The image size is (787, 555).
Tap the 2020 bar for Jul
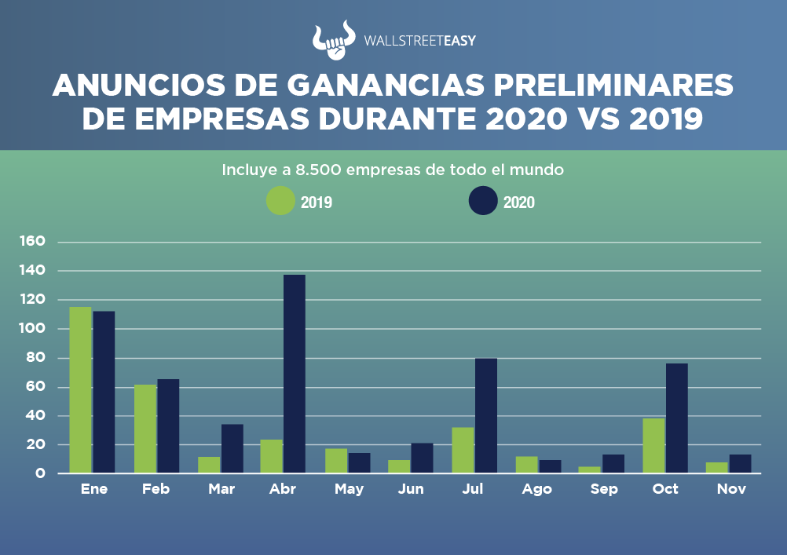[485, 415]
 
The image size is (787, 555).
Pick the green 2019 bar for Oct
[653, 445]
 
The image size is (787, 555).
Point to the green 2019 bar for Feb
[145, 429]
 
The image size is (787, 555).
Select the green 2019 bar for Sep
[590, 470]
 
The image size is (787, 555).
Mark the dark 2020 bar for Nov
[740, 464]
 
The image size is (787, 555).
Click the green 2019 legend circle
[280, 200]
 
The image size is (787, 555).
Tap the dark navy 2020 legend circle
[483, 200]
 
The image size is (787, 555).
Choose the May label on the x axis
[349, 489]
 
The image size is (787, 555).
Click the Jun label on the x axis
[411, 489]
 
